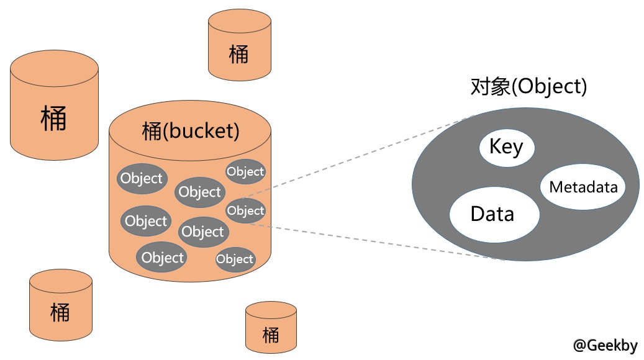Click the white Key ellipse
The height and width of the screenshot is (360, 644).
[x=506, y=148]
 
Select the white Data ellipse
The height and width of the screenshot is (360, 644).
[x=494, y=214]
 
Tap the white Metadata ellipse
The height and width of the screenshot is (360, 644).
[x=583, y=186]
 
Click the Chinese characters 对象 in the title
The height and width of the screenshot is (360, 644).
[x=490, y=87]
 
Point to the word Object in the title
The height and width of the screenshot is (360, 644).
[x=551, y=87]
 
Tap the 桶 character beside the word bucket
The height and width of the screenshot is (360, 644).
[x=152, y=131]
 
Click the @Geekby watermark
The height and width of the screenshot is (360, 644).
[x=605, y=345]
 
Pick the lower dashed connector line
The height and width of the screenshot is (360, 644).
[x=373, y=241]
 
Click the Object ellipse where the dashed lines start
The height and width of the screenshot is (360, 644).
[x=245, y=210]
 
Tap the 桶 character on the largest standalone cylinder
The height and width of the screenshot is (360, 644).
[x=53, y=117]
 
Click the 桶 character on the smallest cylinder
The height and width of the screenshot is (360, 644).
[x=271, y=335]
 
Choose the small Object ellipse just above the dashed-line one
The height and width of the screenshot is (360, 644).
[x=245, y=171]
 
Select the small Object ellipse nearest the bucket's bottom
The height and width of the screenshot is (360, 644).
[x=235, y=259]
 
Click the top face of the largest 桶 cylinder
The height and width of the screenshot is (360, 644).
[x=54, y=65]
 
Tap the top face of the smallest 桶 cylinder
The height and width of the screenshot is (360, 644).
[x=271, y=310]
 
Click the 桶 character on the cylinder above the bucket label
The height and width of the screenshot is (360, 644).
[x=238, y=54]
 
